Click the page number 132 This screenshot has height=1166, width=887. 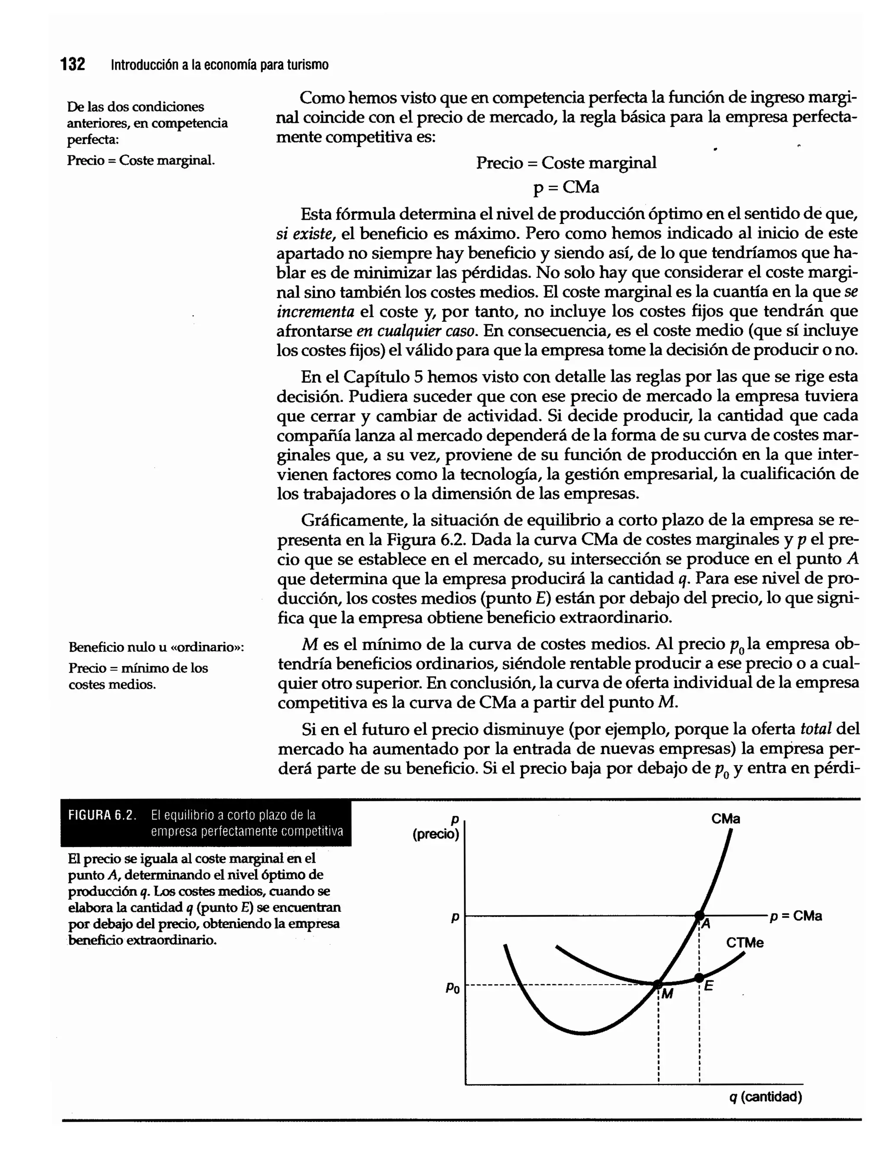click(72, 65)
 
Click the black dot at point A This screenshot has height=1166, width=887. click(699, 915)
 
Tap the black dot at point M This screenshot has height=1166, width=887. click(658, 985)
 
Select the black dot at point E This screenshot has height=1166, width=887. click(699, 978)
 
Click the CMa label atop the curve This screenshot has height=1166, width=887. click(725, 819)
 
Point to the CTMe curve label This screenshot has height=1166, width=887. click(745, 943)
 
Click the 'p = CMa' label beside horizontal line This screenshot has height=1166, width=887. click(796, 916)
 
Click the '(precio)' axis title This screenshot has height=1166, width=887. click(436, 834)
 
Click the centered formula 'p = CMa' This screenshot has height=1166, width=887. click(566, 187)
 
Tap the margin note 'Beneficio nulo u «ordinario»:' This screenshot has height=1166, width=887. click(156, 647)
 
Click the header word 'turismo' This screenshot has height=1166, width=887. click(307, 65)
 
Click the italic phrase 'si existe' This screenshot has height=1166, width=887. click(306, 233)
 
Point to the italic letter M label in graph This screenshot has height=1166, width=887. click(667, 994)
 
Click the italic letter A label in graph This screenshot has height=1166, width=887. click(706, 924)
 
